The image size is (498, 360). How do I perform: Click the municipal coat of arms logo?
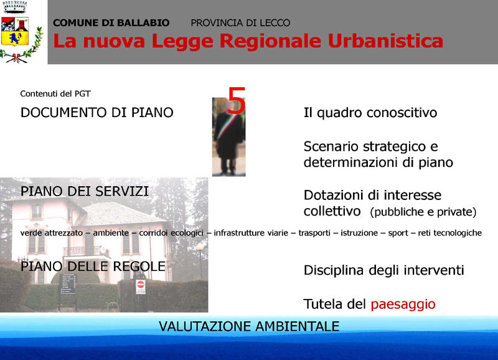point(21,32)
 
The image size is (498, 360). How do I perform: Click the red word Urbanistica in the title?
point(385,41)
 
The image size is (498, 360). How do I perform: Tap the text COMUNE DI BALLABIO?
point(111,23)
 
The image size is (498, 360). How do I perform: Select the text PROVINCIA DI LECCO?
point(240,23)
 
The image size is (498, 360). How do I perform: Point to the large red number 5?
point(237,100)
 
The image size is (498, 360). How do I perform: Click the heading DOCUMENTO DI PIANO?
point(97,113)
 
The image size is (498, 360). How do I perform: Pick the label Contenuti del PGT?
point(55,93)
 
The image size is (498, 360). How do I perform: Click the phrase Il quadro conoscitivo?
point(370,113)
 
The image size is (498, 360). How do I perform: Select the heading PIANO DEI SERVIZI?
point(85,191)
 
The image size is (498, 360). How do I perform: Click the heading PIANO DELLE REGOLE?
point(93,267)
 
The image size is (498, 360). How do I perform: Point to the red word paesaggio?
point(403,305)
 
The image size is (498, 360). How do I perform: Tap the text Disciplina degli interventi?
point(383,270)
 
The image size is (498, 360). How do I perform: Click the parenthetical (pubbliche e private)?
point(423,212)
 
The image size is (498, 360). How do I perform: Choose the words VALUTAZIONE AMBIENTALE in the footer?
point(249,326)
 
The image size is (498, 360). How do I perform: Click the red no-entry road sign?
point(141,285)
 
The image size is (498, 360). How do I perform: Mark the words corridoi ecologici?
point(171,233)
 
